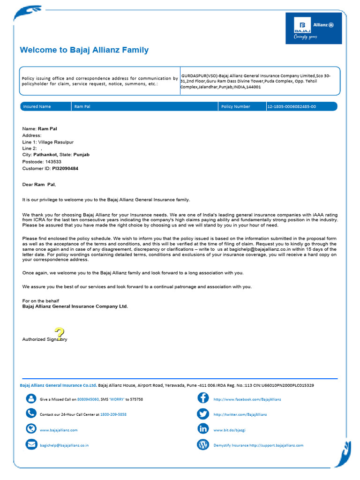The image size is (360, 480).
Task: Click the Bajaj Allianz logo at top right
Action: (313, 28)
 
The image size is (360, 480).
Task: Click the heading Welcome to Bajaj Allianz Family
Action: (84, 50)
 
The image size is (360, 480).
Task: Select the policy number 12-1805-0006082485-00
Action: (292, 106)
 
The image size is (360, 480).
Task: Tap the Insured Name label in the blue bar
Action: (37, 106)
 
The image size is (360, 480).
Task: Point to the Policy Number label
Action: (235, 106)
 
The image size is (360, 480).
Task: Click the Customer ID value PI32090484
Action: (65, 168)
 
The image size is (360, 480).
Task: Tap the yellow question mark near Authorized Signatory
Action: (60, 334)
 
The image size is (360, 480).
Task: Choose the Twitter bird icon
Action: (203, 414)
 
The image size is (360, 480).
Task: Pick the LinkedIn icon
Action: (203, 429)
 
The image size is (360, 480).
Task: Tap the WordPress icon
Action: (203, 444)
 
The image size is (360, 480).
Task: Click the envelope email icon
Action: (31, 444)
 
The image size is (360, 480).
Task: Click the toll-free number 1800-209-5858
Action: (113, 414)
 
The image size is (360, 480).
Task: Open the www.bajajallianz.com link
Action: (59, 430)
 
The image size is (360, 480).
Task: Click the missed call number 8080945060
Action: (88, 399)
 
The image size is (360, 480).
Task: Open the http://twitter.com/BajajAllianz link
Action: (240, 414)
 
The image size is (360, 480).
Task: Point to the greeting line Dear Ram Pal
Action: (42, 185)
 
